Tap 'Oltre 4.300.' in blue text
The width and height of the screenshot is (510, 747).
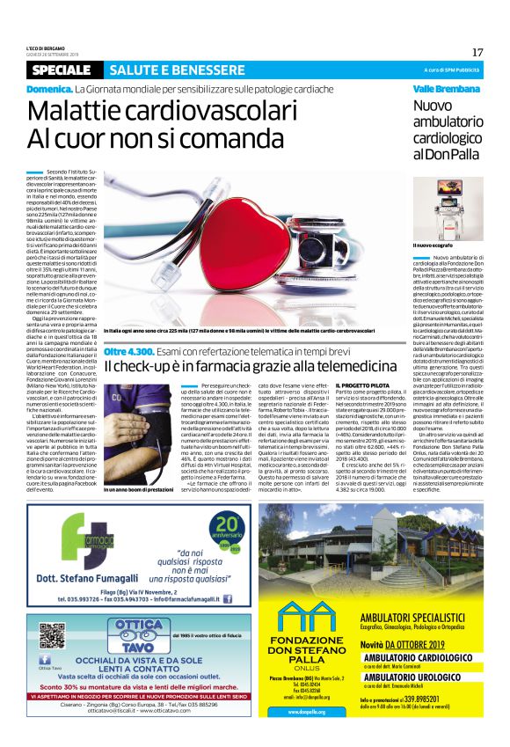129,351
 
